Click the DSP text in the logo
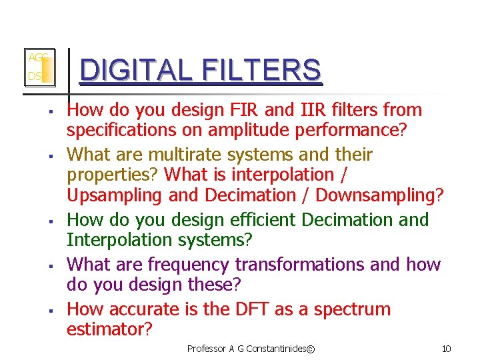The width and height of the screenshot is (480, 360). [x=35, y=77]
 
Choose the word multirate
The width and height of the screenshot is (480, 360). [x=184, y=155]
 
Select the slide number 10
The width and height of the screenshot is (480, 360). [x=446, y=349]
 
